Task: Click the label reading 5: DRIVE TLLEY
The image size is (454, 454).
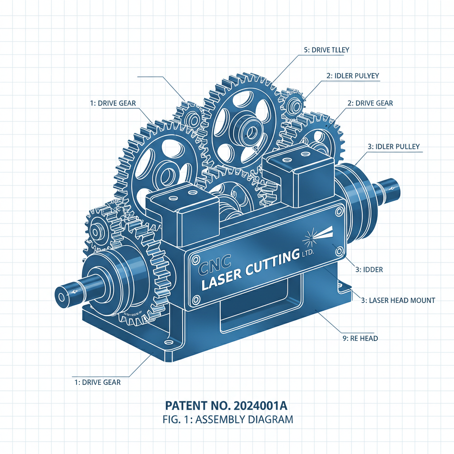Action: tap(327, 50)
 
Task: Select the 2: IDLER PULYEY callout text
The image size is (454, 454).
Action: tap(352, 76)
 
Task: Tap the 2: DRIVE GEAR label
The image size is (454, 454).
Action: tap(370, 103)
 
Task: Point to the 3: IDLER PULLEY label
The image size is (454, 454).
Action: tap(394, 146)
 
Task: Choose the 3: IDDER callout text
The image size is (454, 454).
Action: tap(369, 269)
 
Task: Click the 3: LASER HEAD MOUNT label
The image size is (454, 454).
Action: tap(398, 300)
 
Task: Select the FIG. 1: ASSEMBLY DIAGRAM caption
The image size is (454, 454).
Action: tap(227, 419)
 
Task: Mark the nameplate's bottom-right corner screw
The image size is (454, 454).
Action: tap(340, 251)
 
